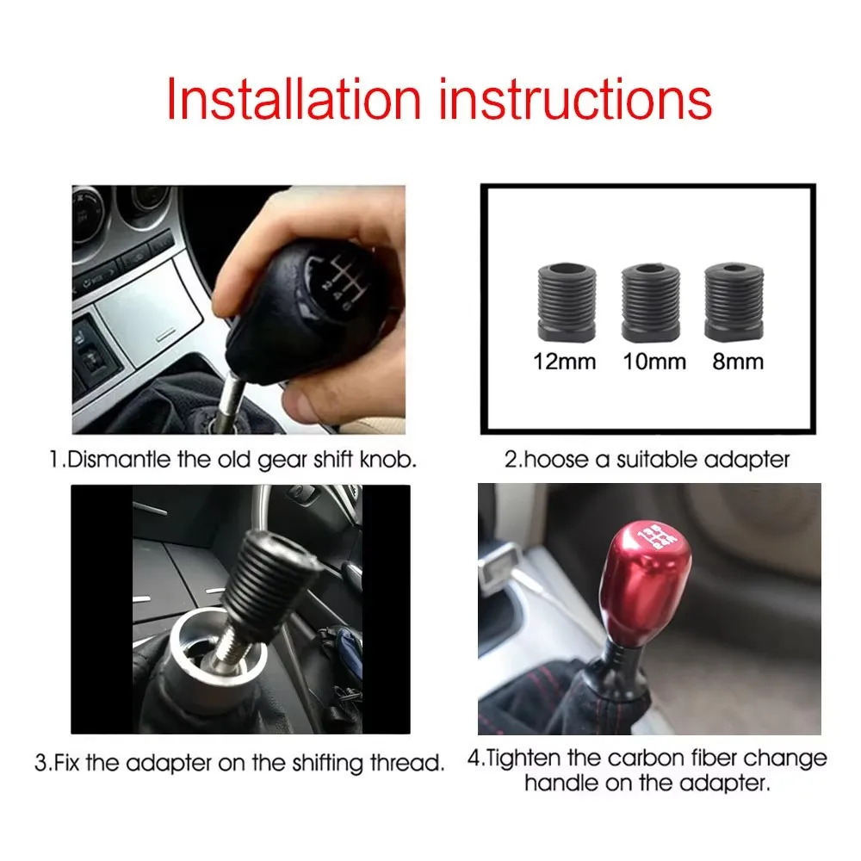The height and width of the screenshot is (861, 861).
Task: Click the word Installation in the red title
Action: point(294,99)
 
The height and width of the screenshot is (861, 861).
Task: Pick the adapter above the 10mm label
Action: point(651,302)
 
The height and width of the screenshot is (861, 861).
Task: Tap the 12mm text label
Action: point(565,362)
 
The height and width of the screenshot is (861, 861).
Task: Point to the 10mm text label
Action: point(654,362)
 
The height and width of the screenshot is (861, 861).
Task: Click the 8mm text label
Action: point(738,362)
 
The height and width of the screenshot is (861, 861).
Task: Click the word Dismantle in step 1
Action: point(119,459)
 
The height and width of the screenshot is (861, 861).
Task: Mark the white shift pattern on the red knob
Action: point(657,536)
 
